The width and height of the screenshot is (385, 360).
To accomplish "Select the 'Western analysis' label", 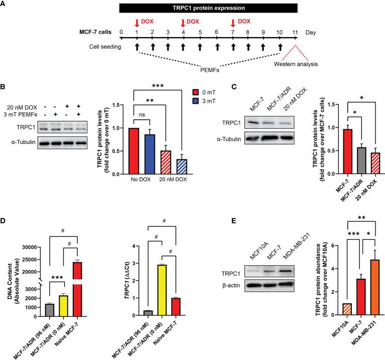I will click(295, 65).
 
